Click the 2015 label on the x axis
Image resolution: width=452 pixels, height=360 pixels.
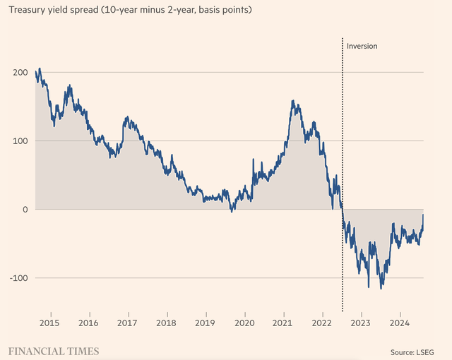[x=49, y=324]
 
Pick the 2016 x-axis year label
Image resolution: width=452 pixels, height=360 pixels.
[x=88, y=324]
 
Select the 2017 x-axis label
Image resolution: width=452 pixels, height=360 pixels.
[x=127, y=324]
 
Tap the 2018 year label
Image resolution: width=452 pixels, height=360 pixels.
[x=166, y=324]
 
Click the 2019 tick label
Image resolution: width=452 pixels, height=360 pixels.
[x=206, y=324]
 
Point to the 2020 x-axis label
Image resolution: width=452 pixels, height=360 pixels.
[x=244, y=324]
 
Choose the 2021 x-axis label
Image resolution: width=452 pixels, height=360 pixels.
[x=283, y=324]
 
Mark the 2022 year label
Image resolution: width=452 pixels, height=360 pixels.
[x=322, y=324]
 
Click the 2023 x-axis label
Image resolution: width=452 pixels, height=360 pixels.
[x=361, y=324]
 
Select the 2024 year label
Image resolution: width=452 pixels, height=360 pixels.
[x=400, y=324]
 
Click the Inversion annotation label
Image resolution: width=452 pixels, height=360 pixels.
[x=362, y=46]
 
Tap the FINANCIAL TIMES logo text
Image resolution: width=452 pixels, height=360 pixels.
[x=54, y=351]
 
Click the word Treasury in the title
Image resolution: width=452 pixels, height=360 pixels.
[x=28, y=11]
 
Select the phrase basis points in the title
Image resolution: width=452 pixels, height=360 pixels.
[x=223, y=11]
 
